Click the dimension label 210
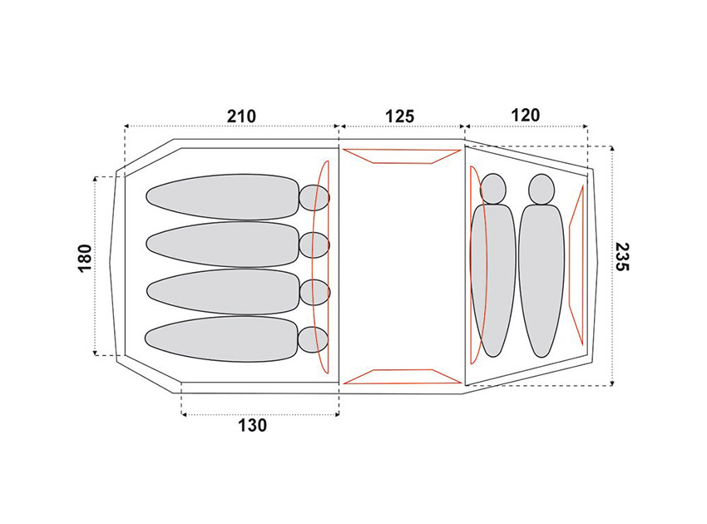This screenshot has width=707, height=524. point(241,116)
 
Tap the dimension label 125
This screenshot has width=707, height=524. point(400,116)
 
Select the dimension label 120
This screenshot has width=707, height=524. point(526,116)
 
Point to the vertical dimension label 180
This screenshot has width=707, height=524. point(85,259)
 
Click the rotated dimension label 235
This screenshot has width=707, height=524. point(622,256)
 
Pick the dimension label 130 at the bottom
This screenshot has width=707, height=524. point(253,425)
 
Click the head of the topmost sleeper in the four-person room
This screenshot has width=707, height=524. point(314,197)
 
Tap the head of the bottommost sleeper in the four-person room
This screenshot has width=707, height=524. point(314,339)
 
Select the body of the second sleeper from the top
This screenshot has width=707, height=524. point(223,245)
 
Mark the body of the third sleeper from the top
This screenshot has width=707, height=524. point(223,292)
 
